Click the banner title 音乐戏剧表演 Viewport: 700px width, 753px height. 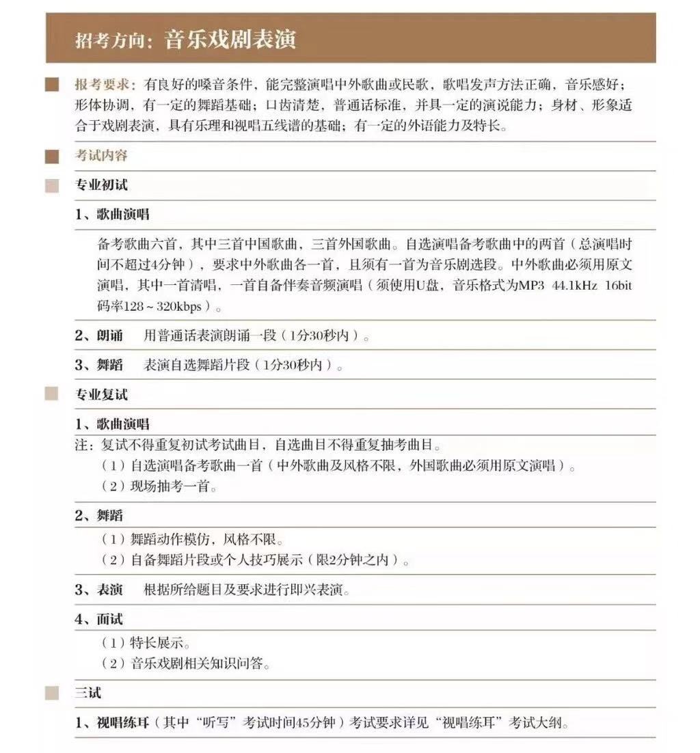(x=230, y=40)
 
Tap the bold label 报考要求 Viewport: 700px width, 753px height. (x=106, y=85)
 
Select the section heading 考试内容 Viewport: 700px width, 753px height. (x=101, y=156)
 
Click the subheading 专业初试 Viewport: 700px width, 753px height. (x=101, y=185)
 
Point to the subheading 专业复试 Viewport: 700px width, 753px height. (x=101, y=395)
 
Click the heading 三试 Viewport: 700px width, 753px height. (x=88, y=693)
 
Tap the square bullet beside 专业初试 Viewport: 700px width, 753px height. (x=52, y=186)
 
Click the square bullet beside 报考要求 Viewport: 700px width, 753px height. (x=52, y=85)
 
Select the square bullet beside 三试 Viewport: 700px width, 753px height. (x=52, y=693)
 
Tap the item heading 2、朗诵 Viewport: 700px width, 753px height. (x=99, y=336)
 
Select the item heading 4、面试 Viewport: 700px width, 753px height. (x=99, y=620)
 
